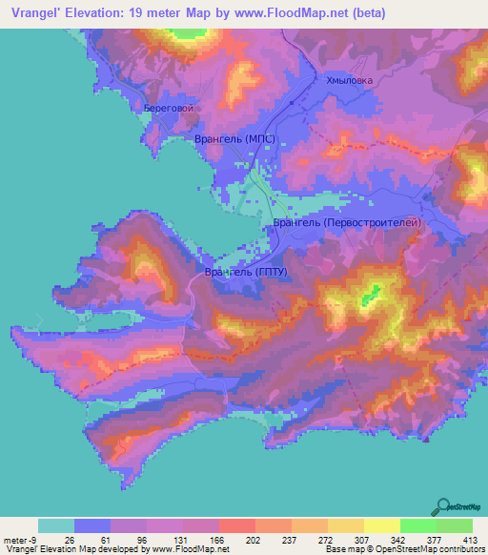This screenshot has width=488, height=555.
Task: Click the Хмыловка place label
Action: coord(349,81)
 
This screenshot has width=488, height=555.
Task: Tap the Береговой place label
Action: coord(170,109)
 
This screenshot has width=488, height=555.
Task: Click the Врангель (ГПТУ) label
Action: coord(247,272)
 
